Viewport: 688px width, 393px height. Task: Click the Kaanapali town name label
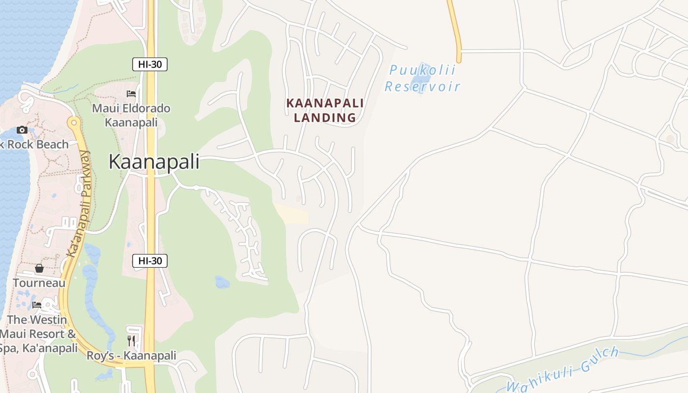tap(154, 162)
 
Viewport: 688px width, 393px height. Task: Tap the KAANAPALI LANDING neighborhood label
tap(325, 110)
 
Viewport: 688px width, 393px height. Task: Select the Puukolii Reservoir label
tap(422, 79)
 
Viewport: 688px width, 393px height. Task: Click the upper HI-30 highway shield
tap(150, 64)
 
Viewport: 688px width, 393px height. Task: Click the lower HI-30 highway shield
tap(150, 261)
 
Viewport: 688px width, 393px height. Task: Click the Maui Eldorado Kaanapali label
tap(131, 115)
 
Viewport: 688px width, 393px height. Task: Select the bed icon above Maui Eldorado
tap(131, 93)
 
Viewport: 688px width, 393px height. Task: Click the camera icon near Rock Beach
tap(22, 130)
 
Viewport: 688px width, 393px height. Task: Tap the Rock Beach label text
tap(34, 144)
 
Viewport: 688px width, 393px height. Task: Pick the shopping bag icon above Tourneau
tap(39, 268)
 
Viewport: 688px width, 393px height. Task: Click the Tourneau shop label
tap(39, 283)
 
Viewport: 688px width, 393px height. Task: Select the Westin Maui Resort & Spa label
tap(38, 334)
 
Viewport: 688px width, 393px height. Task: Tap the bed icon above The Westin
tap(37, 305)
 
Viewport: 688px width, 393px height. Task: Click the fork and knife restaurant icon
tap(131, 340)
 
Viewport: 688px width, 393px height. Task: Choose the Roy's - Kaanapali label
tap(131, 355)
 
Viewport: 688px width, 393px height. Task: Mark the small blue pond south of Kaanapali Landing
tap(222, 282)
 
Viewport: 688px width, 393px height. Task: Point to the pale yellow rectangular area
tap(291, 213)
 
